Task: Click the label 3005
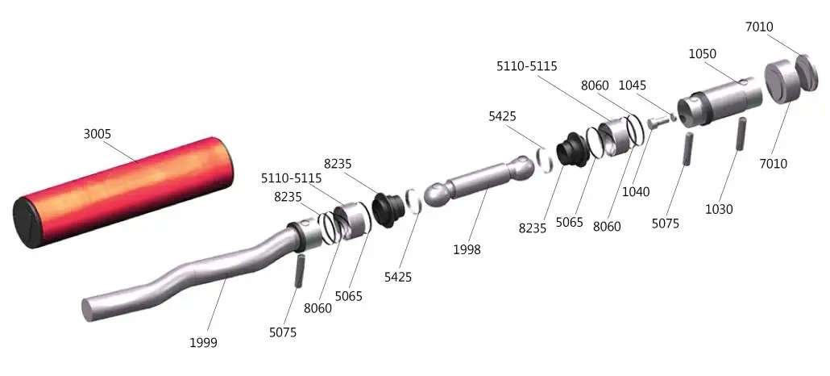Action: click(x=98, y=134)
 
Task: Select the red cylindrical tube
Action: click(x=123, y=191)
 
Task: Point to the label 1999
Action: click(x=203, y=343)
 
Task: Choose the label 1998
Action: click(x=467, y=249)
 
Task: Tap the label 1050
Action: click(x=703, y=54)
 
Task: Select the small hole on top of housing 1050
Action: click(x=744, y=81)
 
